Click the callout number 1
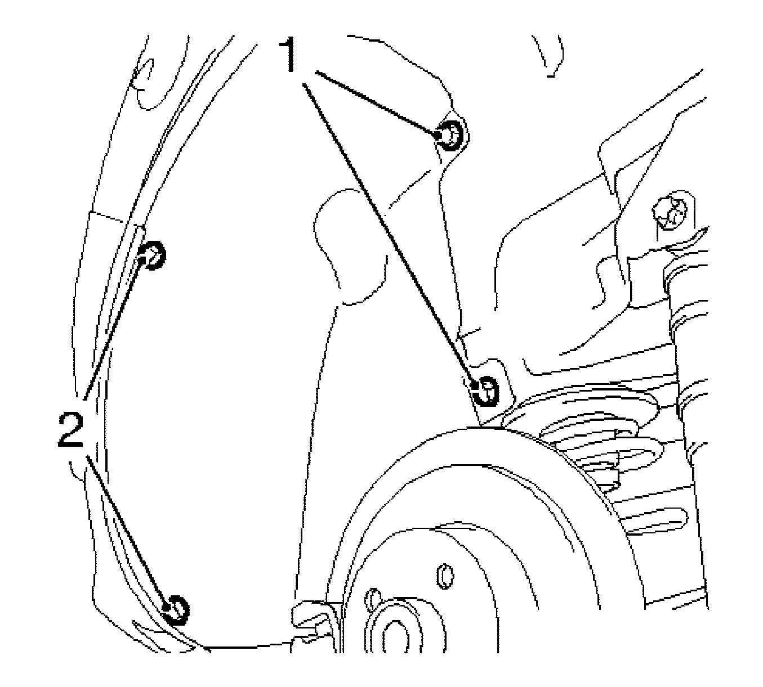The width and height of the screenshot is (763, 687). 291,55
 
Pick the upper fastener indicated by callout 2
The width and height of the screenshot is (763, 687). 151,255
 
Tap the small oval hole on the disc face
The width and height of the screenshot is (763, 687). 445,577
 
